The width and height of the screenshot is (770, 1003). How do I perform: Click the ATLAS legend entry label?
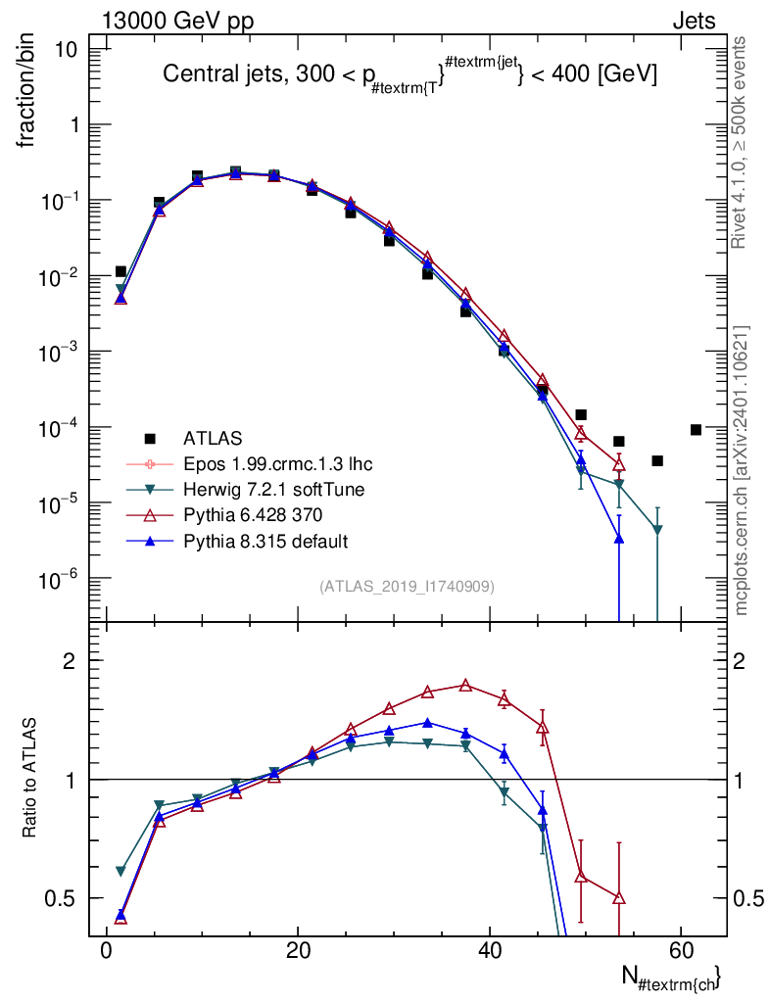(213, 438)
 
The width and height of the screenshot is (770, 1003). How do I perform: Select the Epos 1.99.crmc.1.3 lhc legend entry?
(277, 463)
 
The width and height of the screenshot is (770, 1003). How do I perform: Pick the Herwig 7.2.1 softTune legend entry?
(273, 490)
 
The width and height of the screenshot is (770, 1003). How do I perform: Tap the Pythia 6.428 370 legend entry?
(253, 515)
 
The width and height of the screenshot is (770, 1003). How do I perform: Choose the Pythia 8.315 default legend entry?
(265, 541)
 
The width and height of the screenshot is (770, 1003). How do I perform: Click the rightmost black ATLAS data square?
(696, 430)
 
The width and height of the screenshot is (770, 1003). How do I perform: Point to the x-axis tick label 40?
(490, 950)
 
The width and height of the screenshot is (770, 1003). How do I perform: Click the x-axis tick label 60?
(682, 950)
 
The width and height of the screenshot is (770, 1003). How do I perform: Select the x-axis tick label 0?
(106, 950)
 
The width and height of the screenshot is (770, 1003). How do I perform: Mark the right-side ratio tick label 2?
(740, 661)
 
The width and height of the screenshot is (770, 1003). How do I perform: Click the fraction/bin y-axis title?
(26, 92)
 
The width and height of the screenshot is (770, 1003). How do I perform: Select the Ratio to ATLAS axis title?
(28, 778)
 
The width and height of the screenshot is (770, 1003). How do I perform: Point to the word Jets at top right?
(694, 22)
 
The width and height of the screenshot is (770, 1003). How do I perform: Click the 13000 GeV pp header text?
(177, 22)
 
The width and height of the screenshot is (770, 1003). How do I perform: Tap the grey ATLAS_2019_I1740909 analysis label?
(407, 587)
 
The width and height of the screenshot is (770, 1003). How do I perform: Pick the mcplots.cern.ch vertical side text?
(741, 471)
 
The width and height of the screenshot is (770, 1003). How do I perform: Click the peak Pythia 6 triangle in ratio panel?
(465, 685)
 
